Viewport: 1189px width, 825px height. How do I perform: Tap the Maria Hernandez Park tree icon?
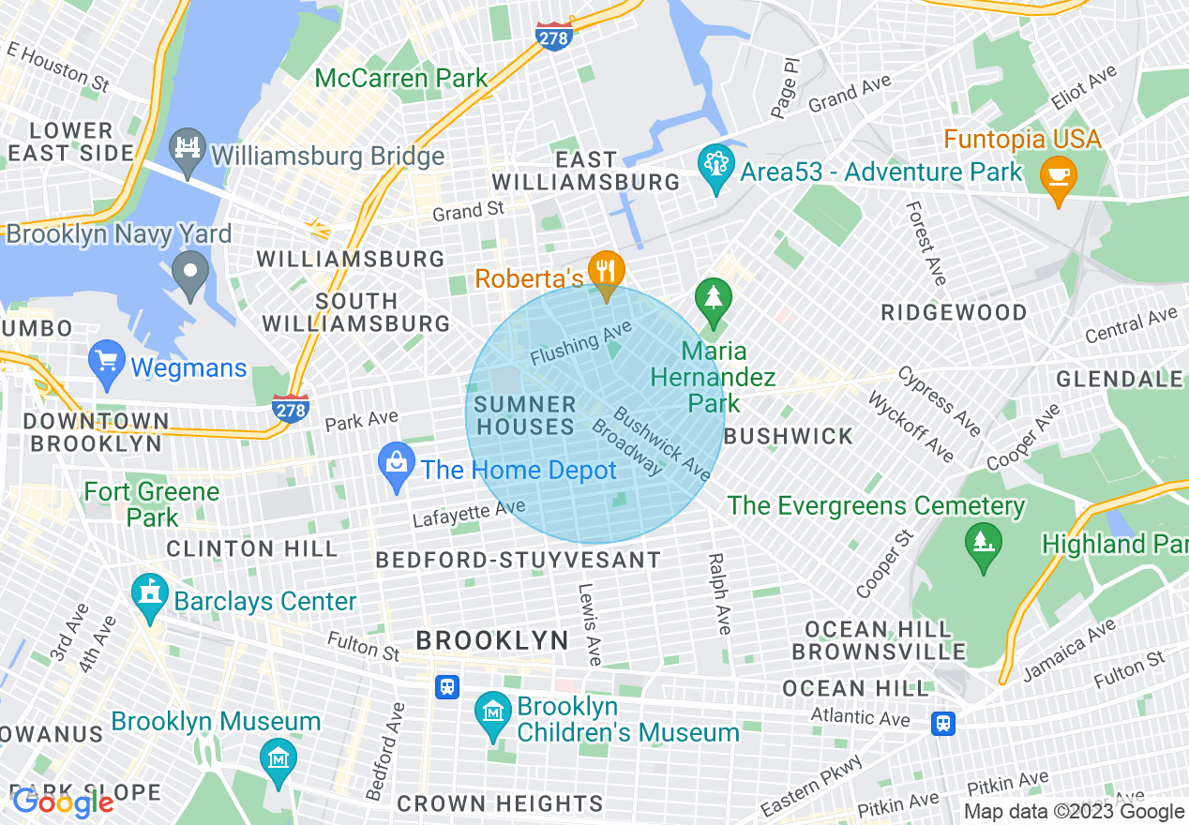pyautogui.click(x=714, y=298)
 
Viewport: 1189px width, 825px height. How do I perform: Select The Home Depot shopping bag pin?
pyautogui.click(x=397, y=463)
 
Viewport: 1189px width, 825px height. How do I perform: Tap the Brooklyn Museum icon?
pyautogui.click(x=278, y=757)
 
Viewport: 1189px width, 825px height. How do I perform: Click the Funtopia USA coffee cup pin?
pyautogui.click(x=1058, y=176)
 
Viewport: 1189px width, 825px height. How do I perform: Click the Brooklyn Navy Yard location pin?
pyautogui.click(x=191, y=273)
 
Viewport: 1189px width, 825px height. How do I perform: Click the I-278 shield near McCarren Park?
pyautogui.click(x=553, y=37)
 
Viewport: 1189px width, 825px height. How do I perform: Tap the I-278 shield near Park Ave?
pyautogui.click(x=291, y=408)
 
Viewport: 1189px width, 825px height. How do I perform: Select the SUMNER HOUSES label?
pyautogui.click(x=524, y=416)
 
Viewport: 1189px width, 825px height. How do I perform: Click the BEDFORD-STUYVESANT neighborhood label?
pyautogui.click(x=518, y=560)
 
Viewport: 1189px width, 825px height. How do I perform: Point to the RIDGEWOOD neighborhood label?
pyautogui.click(x=954, y=312)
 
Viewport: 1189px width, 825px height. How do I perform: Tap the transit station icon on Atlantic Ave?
pyautogui.click(x=943, y=723)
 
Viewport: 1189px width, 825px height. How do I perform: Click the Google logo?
pyautogui.click(x=64, y=802)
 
